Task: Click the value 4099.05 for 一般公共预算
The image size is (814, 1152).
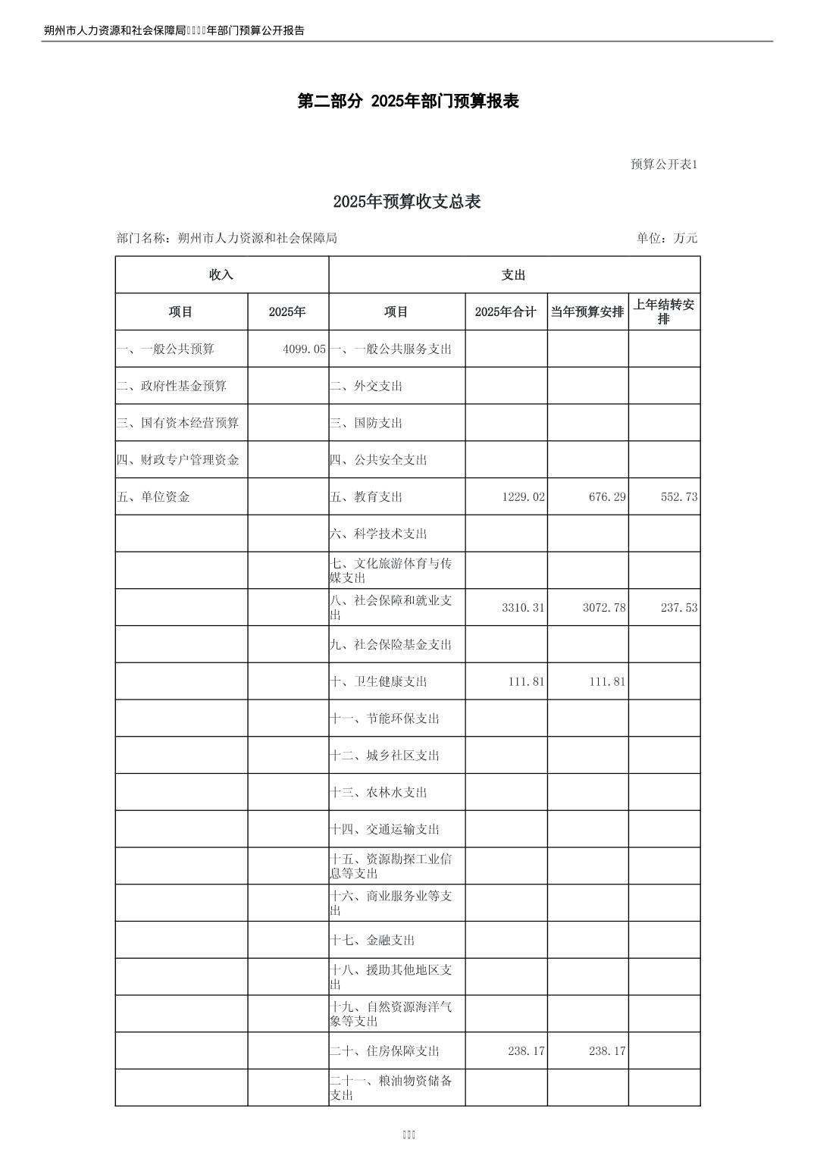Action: click(304, 349)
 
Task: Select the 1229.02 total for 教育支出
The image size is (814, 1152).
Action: click(523, 497)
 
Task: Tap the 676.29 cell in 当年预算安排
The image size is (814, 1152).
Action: click(607, 497)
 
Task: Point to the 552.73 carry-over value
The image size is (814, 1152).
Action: click(678, 497)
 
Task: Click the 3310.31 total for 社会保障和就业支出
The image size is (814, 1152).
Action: click(523, 608)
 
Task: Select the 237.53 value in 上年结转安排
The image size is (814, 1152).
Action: click(678, 608)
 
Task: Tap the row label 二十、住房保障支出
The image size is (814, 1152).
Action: click(385, 1051)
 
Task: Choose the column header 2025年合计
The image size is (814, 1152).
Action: click(506, 312)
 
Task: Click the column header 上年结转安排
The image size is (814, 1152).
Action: click(664, 311)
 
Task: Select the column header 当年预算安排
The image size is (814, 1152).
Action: click(587, 312)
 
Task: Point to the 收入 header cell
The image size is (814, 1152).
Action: click(221, 275)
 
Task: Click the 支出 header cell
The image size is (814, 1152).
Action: click(514, 275)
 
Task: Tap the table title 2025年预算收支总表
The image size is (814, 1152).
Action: click(407, 202)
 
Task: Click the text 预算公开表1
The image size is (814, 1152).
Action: click(664, 164)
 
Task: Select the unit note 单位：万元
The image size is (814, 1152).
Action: click(667, 238)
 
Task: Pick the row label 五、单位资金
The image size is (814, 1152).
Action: click(153, 497)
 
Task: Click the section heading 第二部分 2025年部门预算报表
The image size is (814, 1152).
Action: click(408, 102)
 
